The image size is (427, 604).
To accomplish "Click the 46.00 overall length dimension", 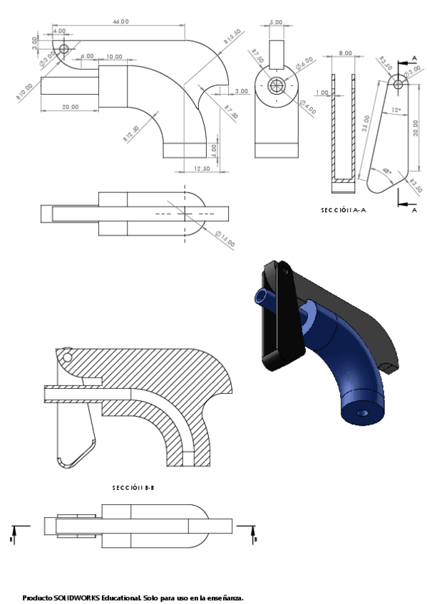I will tap(120, 22).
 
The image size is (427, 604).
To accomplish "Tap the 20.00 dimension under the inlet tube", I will tap(70, 106).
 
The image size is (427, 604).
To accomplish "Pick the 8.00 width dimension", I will tap(344, 53).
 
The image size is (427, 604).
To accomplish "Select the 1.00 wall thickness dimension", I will tap(322, 93).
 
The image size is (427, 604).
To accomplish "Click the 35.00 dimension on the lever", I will tap(366, 124).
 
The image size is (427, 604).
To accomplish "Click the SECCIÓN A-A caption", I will tap(346, 210).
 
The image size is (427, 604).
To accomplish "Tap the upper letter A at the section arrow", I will tap(415, 59).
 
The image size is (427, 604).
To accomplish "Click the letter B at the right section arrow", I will tap(255, 539).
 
